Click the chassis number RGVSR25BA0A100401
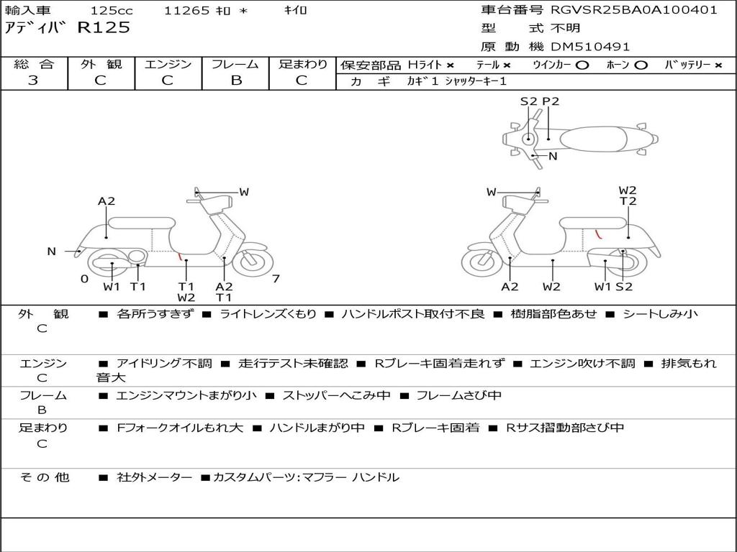(x=633, y=10)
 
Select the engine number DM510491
(x=590, y=47)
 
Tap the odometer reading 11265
(x=187, y=11)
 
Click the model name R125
(x=104, y=28)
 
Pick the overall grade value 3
(x=33, y=80)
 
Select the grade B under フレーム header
(x=235, y=80)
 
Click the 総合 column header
(x=34, y=64)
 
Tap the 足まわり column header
(x=303, y=64)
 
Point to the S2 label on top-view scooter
(x=528, y=101)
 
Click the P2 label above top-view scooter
(x=551, y=101)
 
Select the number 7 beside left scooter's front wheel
(x=276, y=279)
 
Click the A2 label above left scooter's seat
(x=107, y=201)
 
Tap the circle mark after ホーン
(x=641, y=65)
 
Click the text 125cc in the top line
(x=112, y=11)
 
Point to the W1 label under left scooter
(x=112, y=287)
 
